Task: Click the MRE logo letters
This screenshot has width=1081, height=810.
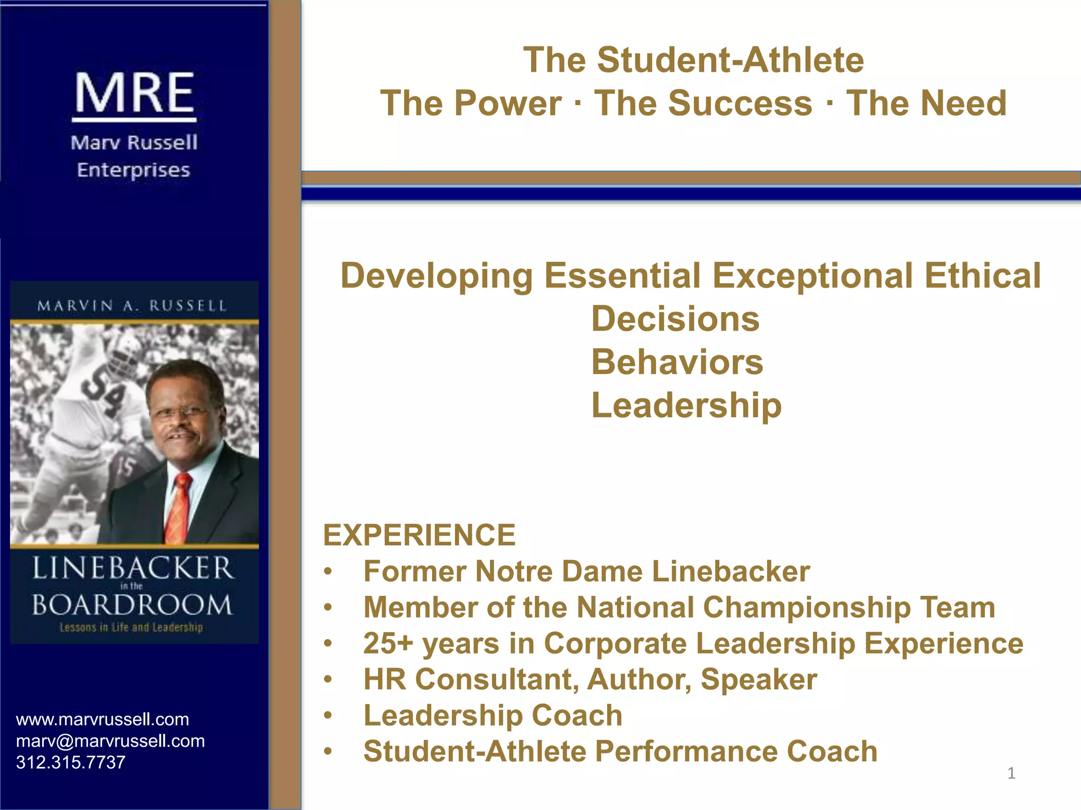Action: tap(135, 93)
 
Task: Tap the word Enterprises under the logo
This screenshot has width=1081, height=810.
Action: tap(133, 170)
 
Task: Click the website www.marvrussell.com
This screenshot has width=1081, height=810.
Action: tap(102, 719)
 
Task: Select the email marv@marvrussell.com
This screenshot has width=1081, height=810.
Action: tap(110, 741)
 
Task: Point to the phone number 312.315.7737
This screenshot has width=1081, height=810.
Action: tap(71, 762)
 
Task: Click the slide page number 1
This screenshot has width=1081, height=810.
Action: tap(1011, 773)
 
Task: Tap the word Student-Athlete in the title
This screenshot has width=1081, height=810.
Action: tap(731, 60)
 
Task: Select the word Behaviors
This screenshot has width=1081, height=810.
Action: tap(677, 362)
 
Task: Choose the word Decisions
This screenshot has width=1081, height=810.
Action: tap(675, 319)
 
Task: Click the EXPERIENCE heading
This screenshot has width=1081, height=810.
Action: tap(419, 535)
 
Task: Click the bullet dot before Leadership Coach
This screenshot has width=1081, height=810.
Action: tap(328, 716)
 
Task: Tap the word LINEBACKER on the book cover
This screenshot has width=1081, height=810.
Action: tap(133, 568)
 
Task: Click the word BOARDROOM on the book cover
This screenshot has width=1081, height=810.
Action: tap(132, 605)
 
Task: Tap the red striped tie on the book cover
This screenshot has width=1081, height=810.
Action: tap(179, 509)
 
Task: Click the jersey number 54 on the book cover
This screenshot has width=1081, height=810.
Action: tap(105, 393)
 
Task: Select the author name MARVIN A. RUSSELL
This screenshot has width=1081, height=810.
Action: tap(132, 306)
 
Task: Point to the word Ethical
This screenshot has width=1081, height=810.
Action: tap(982, 276)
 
